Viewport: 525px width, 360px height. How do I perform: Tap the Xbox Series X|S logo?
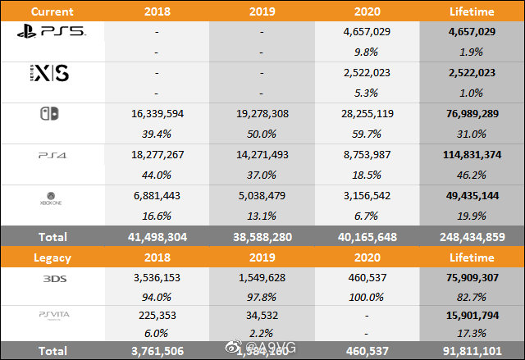[48, 74]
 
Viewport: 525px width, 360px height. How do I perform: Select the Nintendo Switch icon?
[48, 114]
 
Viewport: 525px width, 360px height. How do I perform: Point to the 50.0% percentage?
[262, 134]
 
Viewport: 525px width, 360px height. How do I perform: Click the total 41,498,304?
[157, 236]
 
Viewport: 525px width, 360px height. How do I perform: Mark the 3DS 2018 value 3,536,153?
[157, 277]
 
